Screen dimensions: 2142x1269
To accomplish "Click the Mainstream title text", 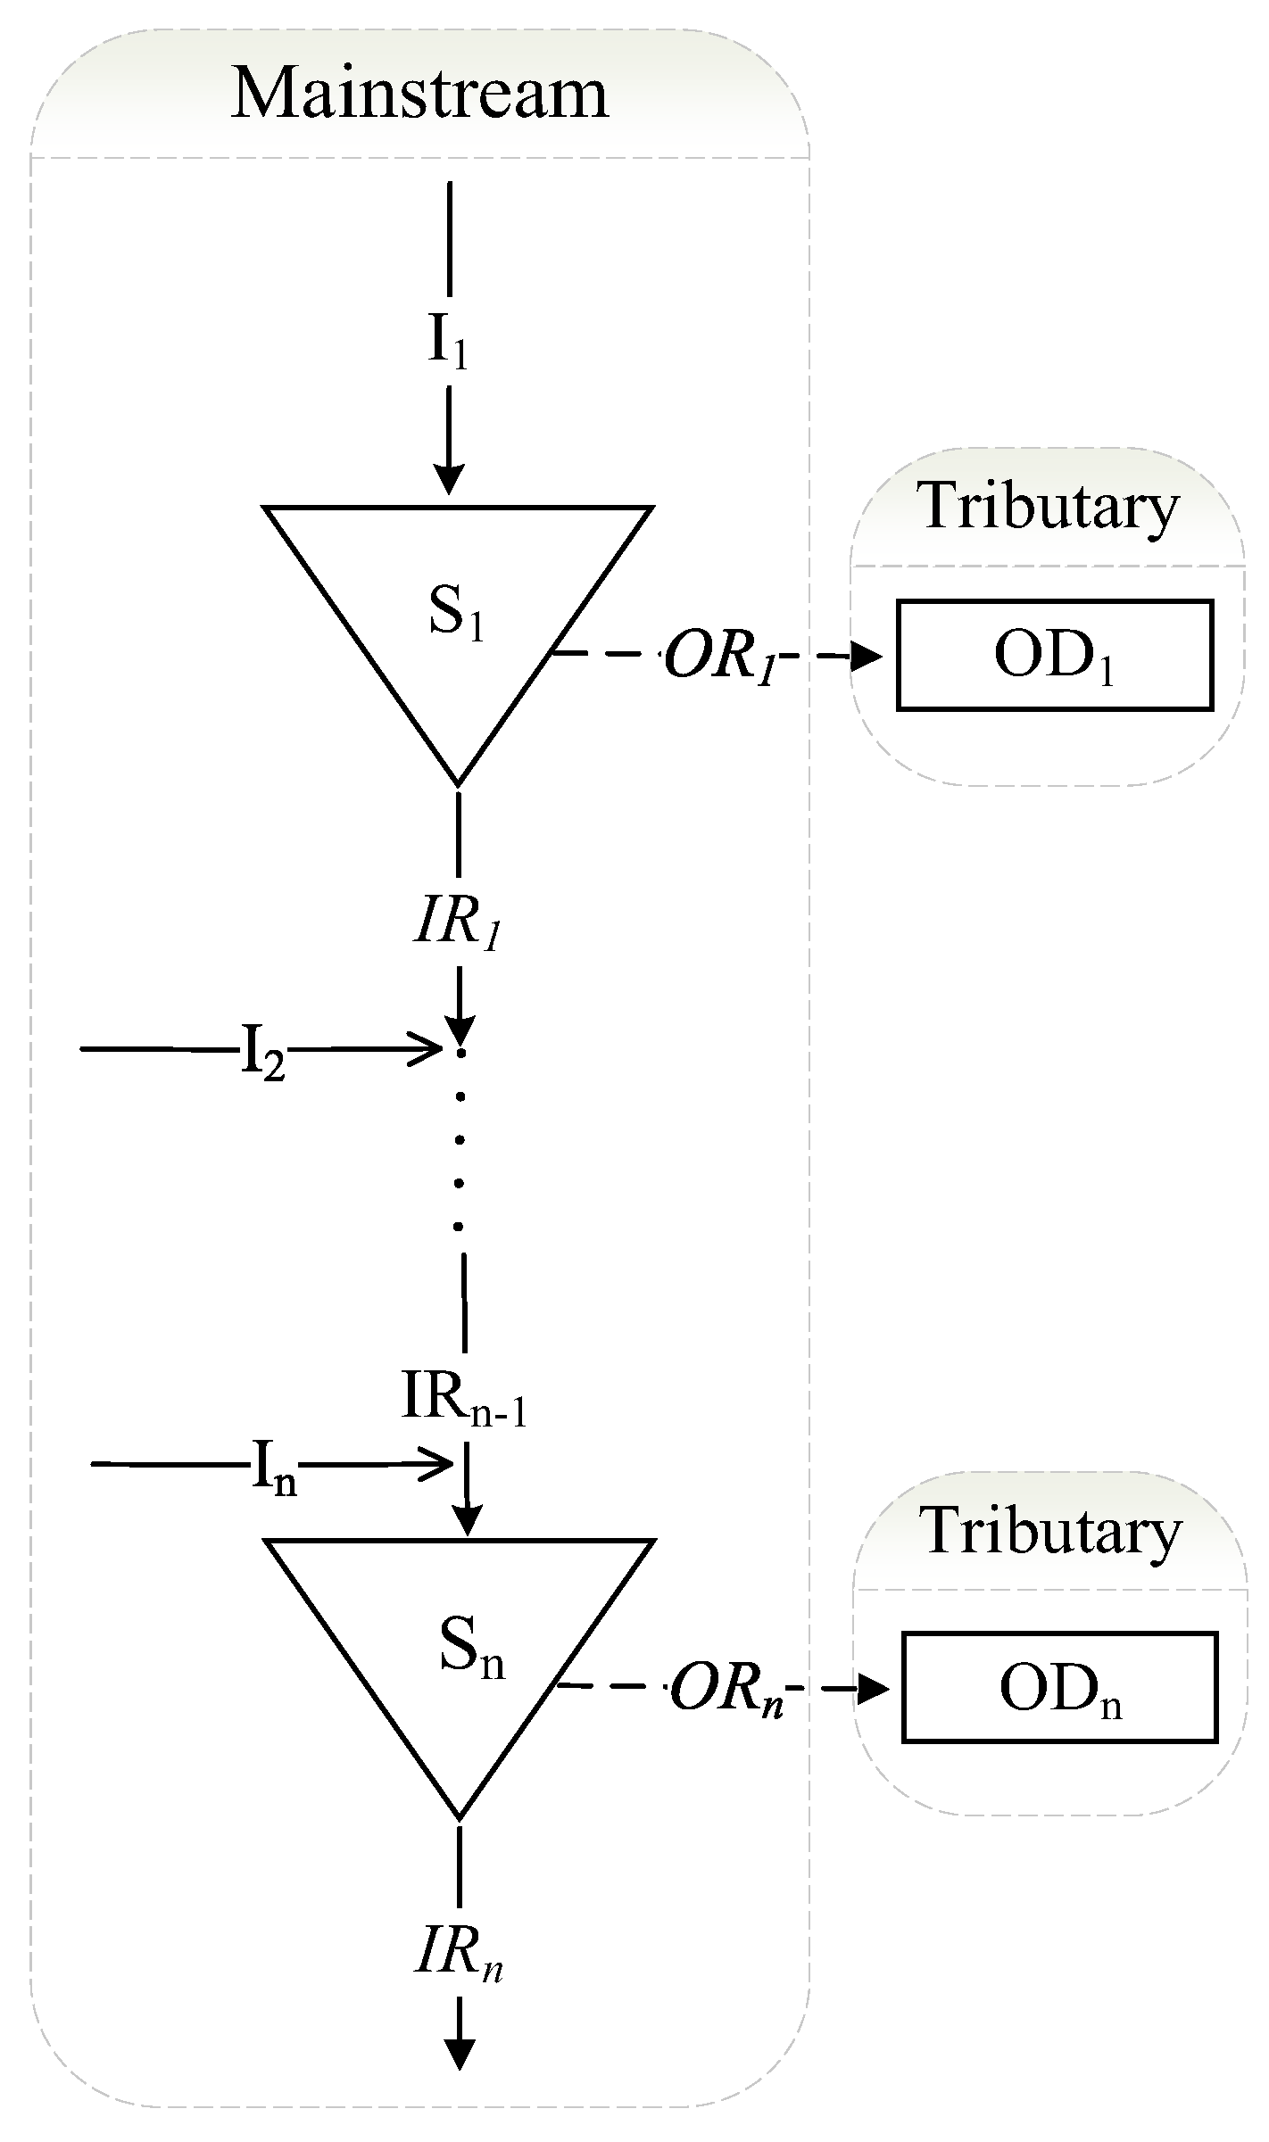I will coord(419,94).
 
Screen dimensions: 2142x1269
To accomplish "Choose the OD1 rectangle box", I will coord(1054,656).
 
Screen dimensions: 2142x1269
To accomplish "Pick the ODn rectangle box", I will coord(1059,1687).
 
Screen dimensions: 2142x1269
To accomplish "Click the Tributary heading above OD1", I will coord(1049,506).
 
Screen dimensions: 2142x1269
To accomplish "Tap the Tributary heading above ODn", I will coord(1051,1532).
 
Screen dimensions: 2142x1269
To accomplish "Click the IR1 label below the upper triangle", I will coord(457,923).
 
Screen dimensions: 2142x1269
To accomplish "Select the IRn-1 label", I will coord(463,1399).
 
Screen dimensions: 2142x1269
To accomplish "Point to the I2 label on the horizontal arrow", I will coord(262,1053).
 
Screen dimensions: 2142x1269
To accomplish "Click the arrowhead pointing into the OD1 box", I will coord(867,658).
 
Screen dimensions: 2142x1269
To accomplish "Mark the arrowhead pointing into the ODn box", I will coord(873,1689).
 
